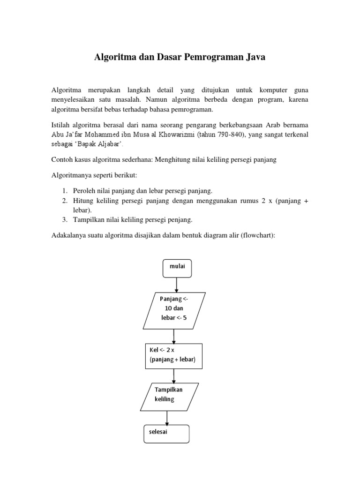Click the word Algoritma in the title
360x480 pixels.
[x=114, y=58]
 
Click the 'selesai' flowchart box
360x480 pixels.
[x=166, y=434]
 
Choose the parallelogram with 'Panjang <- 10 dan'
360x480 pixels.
[x=173, y=311]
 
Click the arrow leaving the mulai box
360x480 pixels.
[x=177, y=285]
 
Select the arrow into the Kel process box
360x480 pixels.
[x=174, y=336]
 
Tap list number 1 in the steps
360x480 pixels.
[x=65, y=191]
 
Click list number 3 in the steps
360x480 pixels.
[x=65, y=219]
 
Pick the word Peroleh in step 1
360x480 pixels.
[x=85, y=191]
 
